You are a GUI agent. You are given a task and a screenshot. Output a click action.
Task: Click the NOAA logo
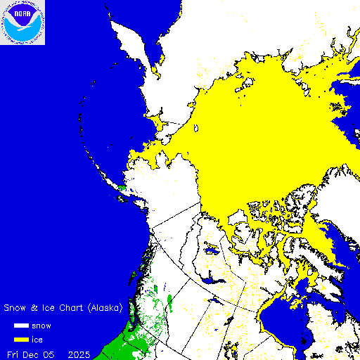coord(22,22)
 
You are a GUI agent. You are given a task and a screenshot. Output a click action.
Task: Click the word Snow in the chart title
coord(15,308)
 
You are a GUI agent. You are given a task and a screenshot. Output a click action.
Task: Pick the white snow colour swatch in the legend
coord(22,326)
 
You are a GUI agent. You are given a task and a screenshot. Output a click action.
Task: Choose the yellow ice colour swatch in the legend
coord(22,340)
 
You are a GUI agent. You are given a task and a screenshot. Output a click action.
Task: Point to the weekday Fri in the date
coord(13,354)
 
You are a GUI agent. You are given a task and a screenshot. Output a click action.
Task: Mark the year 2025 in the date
coord(79,354)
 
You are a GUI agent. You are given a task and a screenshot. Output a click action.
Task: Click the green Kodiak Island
coord(122,188)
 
